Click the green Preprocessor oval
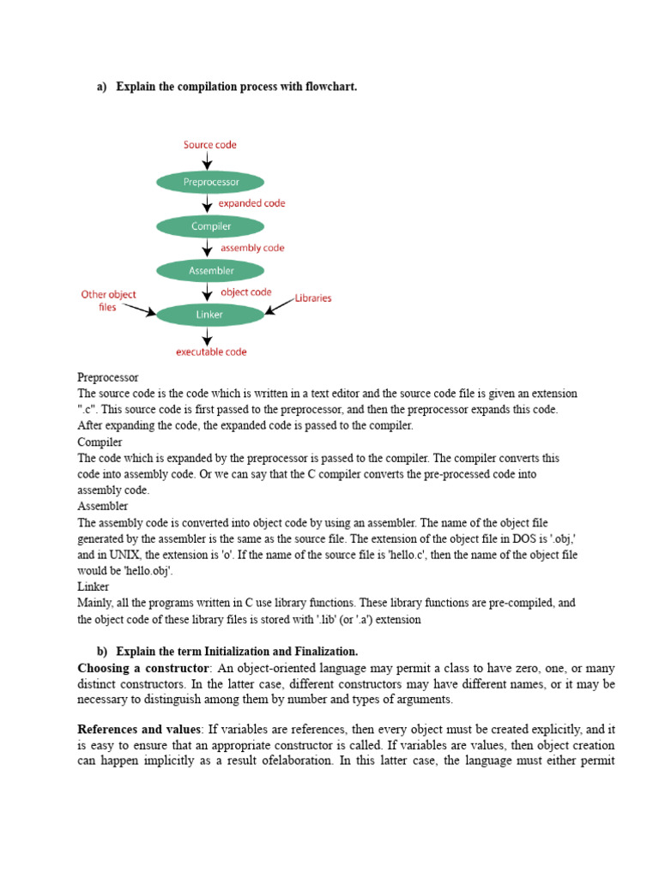[210, 182]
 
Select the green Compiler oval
[210, 226]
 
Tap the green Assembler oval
[210, 271]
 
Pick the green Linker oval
[210, 315]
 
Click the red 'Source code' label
[210, 145]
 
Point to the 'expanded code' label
[251, 204]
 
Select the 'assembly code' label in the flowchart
[252, 248]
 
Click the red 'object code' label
[246, 292]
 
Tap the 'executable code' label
[211, 352]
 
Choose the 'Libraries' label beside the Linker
[313, 298]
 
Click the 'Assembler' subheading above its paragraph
[103, 506]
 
